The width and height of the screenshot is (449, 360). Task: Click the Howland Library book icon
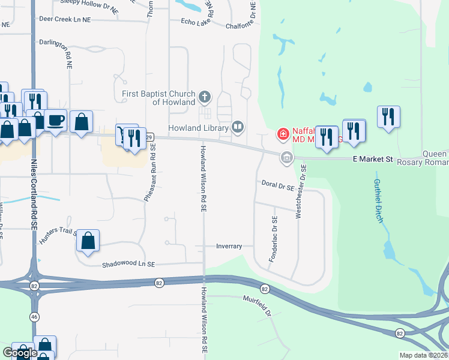(238, 127)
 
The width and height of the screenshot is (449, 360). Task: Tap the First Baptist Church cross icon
(205, 97)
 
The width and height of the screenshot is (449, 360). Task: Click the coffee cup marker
(56, 119)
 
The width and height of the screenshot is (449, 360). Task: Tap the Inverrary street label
(229, 246)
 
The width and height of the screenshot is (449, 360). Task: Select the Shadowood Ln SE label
(128, 265)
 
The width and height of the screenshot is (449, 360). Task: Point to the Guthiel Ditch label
(378, 200)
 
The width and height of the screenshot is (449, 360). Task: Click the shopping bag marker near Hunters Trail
(88, 241)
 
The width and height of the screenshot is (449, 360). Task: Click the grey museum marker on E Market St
(286, 158)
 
